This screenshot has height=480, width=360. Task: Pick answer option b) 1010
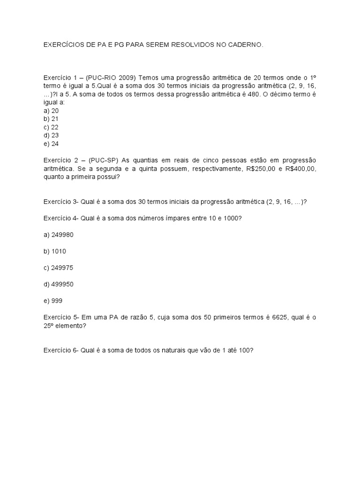coord(55,251)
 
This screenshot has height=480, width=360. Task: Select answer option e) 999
coord(53,300)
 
